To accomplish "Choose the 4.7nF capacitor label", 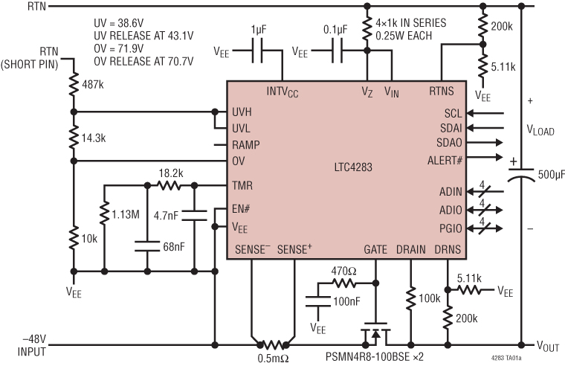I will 164,216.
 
